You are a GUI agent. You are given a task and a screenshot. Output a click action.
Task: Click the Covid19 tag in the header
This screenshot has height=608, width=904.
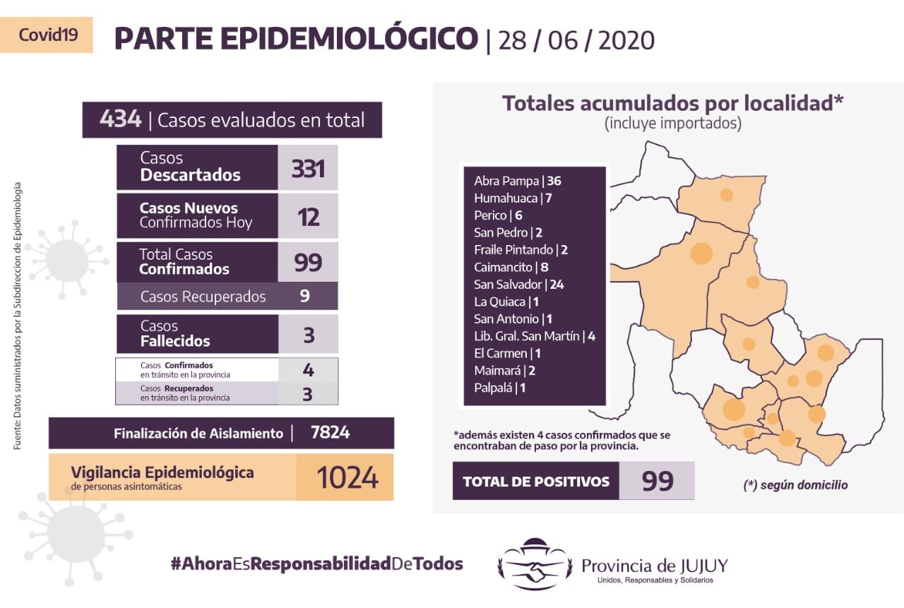tap(48, 35)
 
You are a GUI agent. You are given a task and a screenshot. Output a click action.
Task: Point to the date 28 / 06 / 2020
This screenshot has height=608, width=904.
tap(576, 40)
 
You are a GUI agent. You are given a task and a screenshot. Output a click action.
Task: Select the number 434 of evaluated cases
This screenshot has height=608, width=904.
tap(120, 119)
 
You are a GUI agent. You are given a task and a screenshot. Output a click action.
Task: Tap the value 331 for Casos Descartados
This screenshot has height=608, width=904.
tap(308, 169)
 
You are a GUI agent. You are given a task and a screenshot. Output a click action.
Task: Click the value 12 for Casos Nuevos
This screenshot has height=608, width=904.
tap(309, 217)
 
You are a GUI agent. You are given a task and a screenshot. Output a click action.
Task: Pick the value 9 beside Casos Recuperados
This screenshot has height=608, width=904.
tap(304, 296)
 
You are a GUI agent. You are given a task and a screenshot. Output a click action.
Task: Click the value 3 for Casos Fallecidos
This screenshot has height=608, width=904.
tap(309, 335)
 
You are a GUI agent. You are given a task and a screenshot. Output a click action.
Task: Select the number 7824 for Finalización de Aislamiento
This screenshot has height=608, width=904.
tap(330, 432)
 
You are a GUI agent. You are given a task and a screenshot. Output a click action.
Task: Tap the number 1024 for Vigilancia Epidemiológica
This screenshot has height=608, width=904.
tap(347, 477)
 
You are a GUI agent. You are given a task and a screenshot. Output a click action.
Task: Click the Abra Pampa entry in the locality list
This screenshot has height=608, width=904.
tap(518, 181)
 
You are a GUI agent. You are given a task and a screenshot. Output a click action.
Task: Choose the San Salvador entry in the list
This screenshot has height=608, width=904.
tap(519, 285)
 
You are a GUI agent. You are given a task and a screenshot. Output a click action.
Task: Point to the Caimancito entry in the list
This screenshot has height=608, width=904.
tap(511, 267)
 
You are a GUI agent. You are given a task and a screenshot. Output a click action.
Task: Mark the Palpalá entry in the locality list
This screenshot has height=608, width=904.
tap(499, 388)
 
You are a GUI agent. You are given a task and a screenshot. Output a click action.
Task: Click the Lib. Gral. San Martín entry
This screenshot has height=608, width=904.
tap(535, 336)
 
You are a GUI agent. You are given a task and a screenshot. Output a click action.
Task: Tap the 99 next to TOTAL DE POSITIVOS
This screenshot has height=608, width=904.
tap(658, 481)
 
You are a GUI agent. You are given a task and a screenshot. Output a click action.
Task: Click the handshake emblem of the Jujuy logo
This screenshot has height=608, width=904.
tap(535, 564)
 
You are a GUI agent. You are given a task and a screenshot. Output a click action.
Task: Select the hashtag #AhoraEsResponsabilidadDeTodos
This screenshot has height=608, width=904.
tap(317, 564)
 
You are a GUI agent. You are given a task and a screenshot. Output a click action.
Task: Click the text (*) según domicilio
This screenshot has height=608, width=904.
tap(795, 485)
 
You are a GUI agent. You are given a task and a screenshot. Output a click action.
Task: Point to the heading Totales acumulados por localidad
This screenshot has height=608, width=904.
tap(673, 103)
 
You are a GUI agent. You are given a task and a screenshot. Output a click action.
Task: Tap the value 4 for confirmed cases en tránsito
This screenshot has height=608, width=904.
tap(309, 370)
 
